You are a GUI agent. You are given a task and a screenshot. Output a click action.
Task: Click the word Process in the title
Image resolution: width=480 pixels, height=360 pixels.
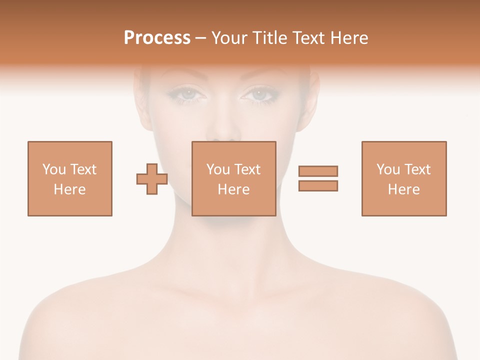click(157, 38)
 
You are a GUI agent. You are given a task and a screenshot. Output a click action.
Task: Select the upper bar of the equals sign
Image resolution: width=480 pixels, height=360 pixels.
click(318, 171)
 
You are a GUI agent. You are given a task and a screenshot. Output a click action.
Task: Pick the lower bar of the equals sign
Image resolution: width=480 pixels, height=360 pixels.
click(318, 185)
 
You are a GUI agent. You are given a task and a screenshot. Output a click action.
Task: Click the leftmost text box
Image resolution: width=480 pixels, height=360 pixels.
click(69, 178)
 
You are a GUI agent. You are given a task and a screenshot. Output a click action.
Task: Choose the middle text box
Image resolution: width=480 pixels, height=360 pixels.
click(233, 178)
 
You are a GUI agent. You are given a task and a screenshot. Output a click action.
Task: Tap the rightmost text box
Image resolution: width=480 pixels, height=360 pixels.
click(403, 178)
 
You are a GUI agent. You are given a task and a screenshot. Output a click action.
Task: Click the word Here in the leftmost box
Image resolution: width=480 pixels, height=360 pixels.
click(69, 189)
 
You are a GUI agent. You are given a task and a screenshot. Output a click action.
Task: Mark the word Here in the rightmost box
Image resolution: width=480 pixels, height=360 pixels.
click(403, 189)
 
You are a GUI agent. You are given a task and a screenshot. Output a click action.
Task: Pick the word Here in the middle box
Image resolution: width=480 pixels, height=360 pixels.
click(233, 189)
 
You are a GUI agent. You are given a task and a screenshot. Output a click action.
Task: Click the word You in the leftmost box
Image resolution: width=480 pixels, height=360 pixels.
click(54, 169)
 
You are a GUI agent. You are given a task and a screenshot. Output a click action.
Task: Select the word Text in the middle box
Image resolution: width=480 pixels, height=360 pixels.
click(247, 169)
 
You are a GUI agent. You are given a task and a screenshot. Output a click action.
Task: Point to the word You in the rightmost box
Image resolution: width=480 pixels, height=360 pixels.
click(388, 169)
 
